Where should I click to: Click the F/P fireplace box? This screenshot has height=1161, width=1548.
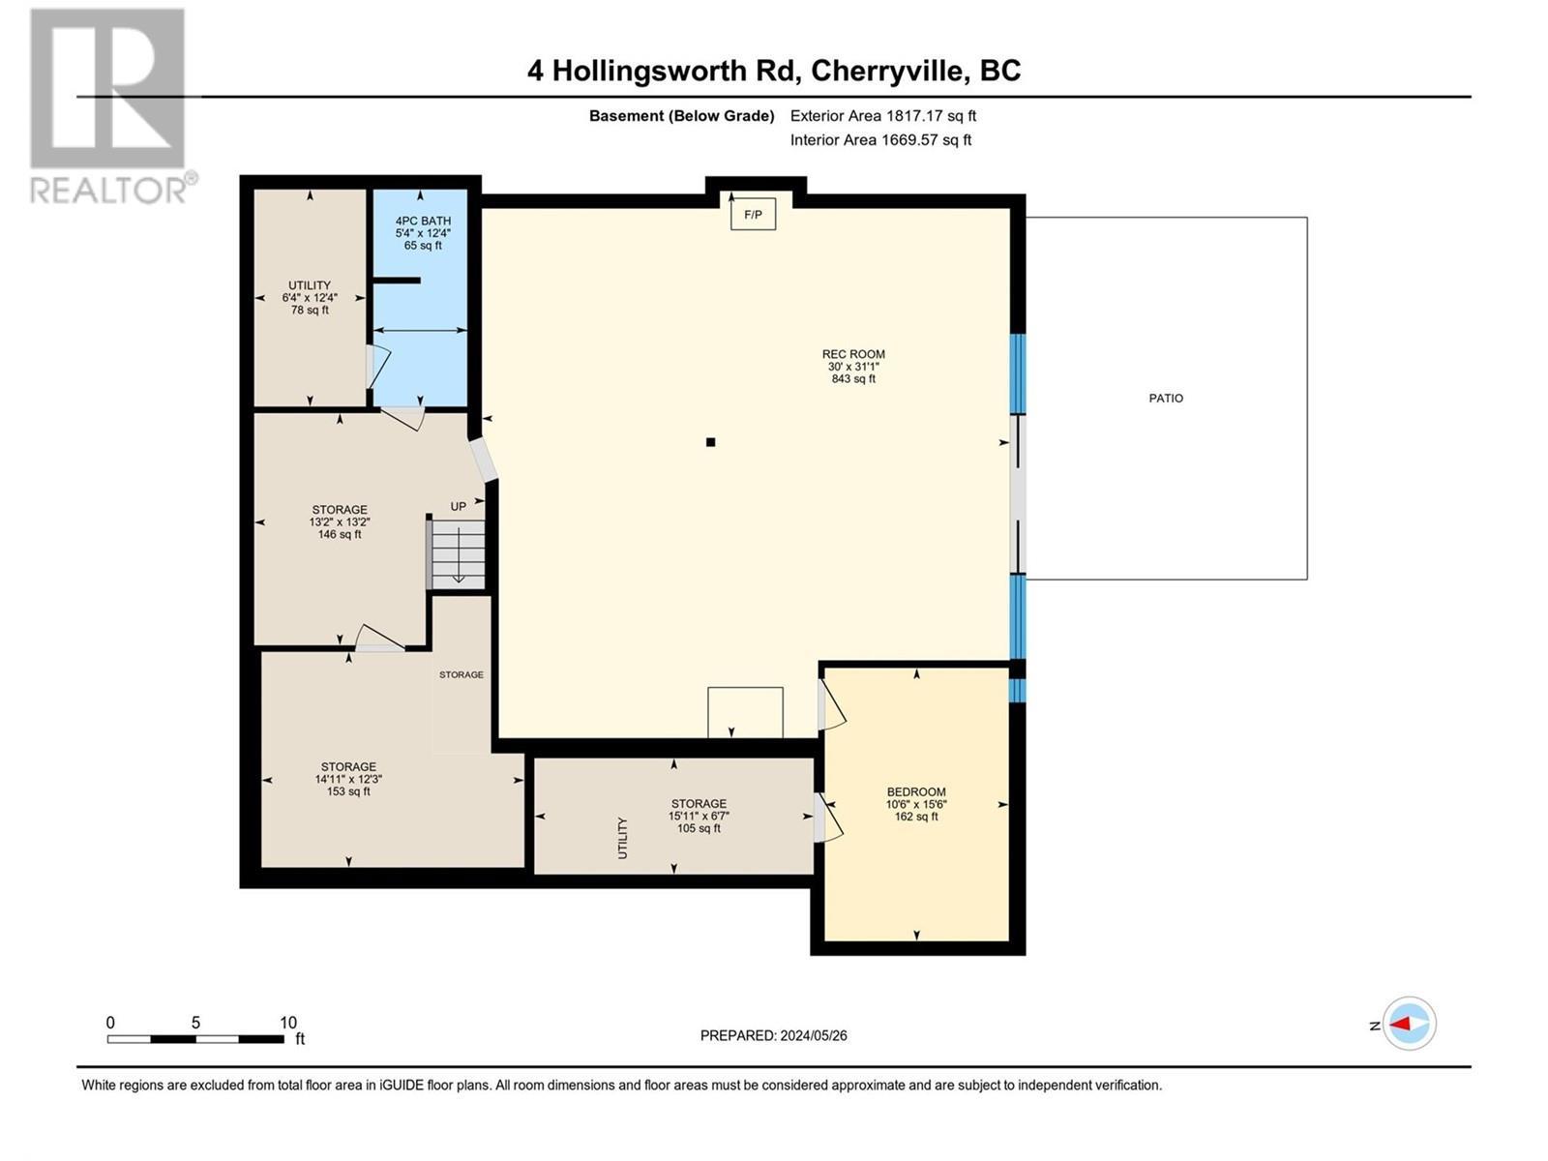click(x=753, y=215)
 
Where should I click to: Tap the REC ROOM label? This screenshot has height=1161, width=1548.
click(x=853, y=354)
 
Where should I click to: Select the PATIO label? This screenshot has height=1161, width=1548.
click(x=1166, y=398)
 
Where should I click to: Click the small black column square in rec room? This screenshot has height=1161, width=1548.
click(x=710, y=442)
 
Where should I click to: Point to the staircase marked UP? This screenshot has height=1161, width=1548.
click(x=458, y=554)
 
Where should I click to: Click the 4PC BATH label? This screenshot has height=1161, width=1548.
click(x=423, y=221)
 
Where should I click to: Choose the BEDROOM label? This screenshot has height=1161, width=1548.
click(x=916, y=791)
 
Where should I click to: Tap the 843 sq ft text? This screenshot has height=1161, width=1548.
click(x=853, y=379)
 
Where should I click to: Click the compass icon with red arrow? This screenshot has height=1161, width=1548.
click(x=1409, y=1024)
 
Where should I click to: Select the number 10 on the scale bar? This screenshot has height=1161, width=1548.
click(x=288, y=1023)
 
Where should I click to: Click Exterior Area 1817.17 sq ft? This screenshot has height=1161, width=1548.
click(x=882, y=115)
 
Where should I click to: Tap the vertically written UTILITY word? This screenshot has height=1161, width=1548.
click(x=622, y=838)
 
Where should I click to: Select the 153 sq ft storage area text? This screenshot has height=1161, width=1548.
click(x=348, y=791)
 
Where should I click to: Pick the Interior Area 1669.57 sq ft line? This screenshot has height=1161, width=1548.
click(x=880, y=139)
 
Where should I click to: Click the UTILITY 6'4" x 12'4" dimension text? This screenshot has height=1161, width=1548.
click(x=310, y=298)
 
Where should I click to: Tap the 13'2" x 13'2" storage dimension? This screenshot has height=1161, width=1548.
click(x=340, y=521)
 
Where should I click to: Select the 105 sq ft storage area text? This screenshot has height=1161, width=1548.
click(x=699, y=828)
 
